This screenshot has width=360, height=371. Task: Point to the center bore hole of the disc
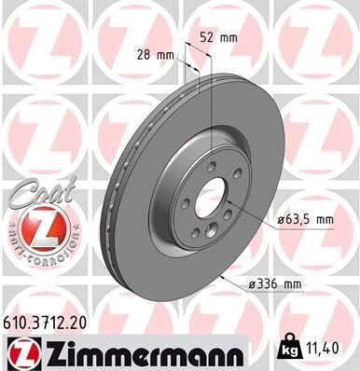pos(211,202)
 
